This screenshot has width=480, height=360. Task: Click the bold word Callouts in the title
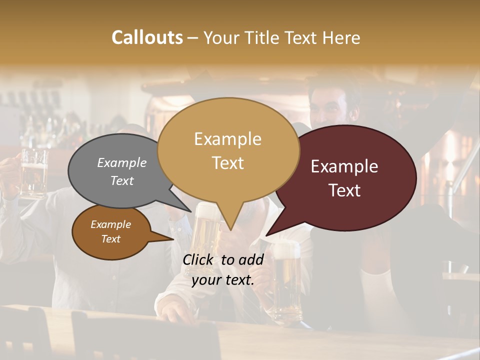[147, 37]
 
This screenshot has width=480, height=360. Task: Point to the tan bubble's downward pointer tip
[231, 230]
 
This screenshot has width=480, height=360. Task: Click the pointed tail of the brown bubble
[172, 239]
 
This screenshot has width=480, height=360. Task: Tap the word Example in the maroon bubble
[344, 166]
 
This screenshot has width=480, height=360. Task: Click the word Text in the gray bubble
[122, 181]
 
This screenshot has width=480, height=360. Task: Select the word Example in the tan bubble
[227, 139]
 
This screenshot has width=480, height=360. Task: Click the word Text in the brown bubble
[111, 239]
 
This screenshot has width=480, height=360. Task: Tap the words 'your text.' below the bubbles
[223, 280]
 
